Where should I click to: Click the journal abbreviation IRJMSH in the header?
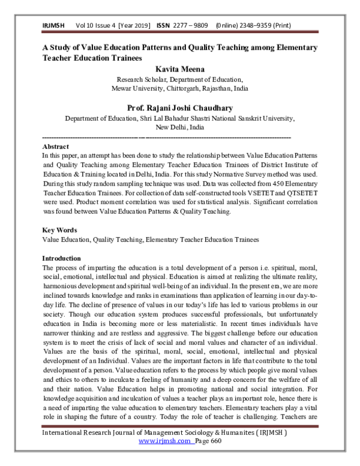coord(54,26)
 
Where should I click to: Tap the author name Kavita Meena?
coord(179,69)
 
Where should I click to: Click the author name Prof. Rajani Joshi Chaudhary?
coord(179,108)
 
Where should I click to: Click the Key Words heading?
coord(59,231)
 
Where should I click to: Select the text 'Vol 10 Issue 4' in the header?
coord(96,26)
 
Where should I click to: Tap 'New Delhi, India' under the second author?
coord(179,127)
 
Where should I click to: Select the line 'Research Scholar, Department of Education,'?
coord(179,79)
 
